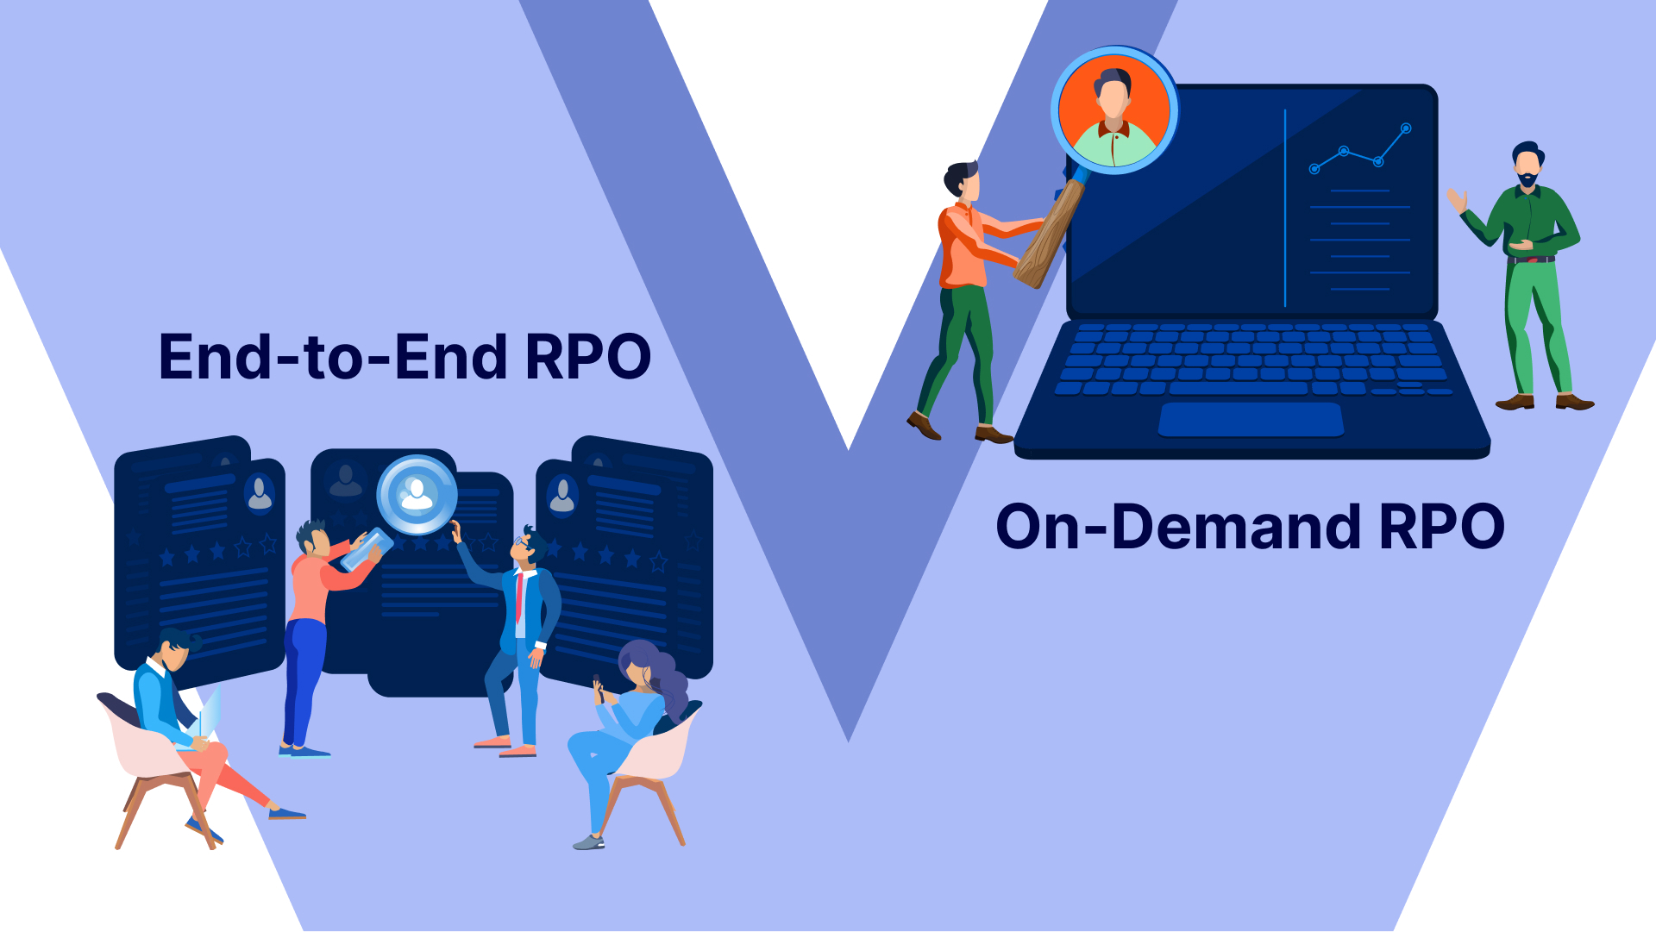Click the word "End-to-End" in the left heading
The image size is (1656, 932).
click(332, 357)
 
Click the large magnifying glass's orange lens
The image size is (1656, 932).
click(1113, 110)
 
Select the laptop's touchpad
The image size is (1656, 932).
click(1251, 419)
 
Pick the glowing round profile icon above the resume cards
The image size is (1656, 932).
click(417, 495)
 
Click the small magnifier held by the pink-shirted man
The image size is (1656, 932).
click(367, 549)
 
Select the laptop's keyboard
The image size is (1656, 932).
click(1251, 358)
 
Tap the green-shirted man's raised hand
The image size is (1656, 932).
click(1457, 201)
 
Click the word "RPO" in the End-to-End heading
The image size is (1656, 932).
click(587, 357)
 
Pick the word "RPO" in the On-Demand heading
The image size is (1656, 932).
click(1441, 527)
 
